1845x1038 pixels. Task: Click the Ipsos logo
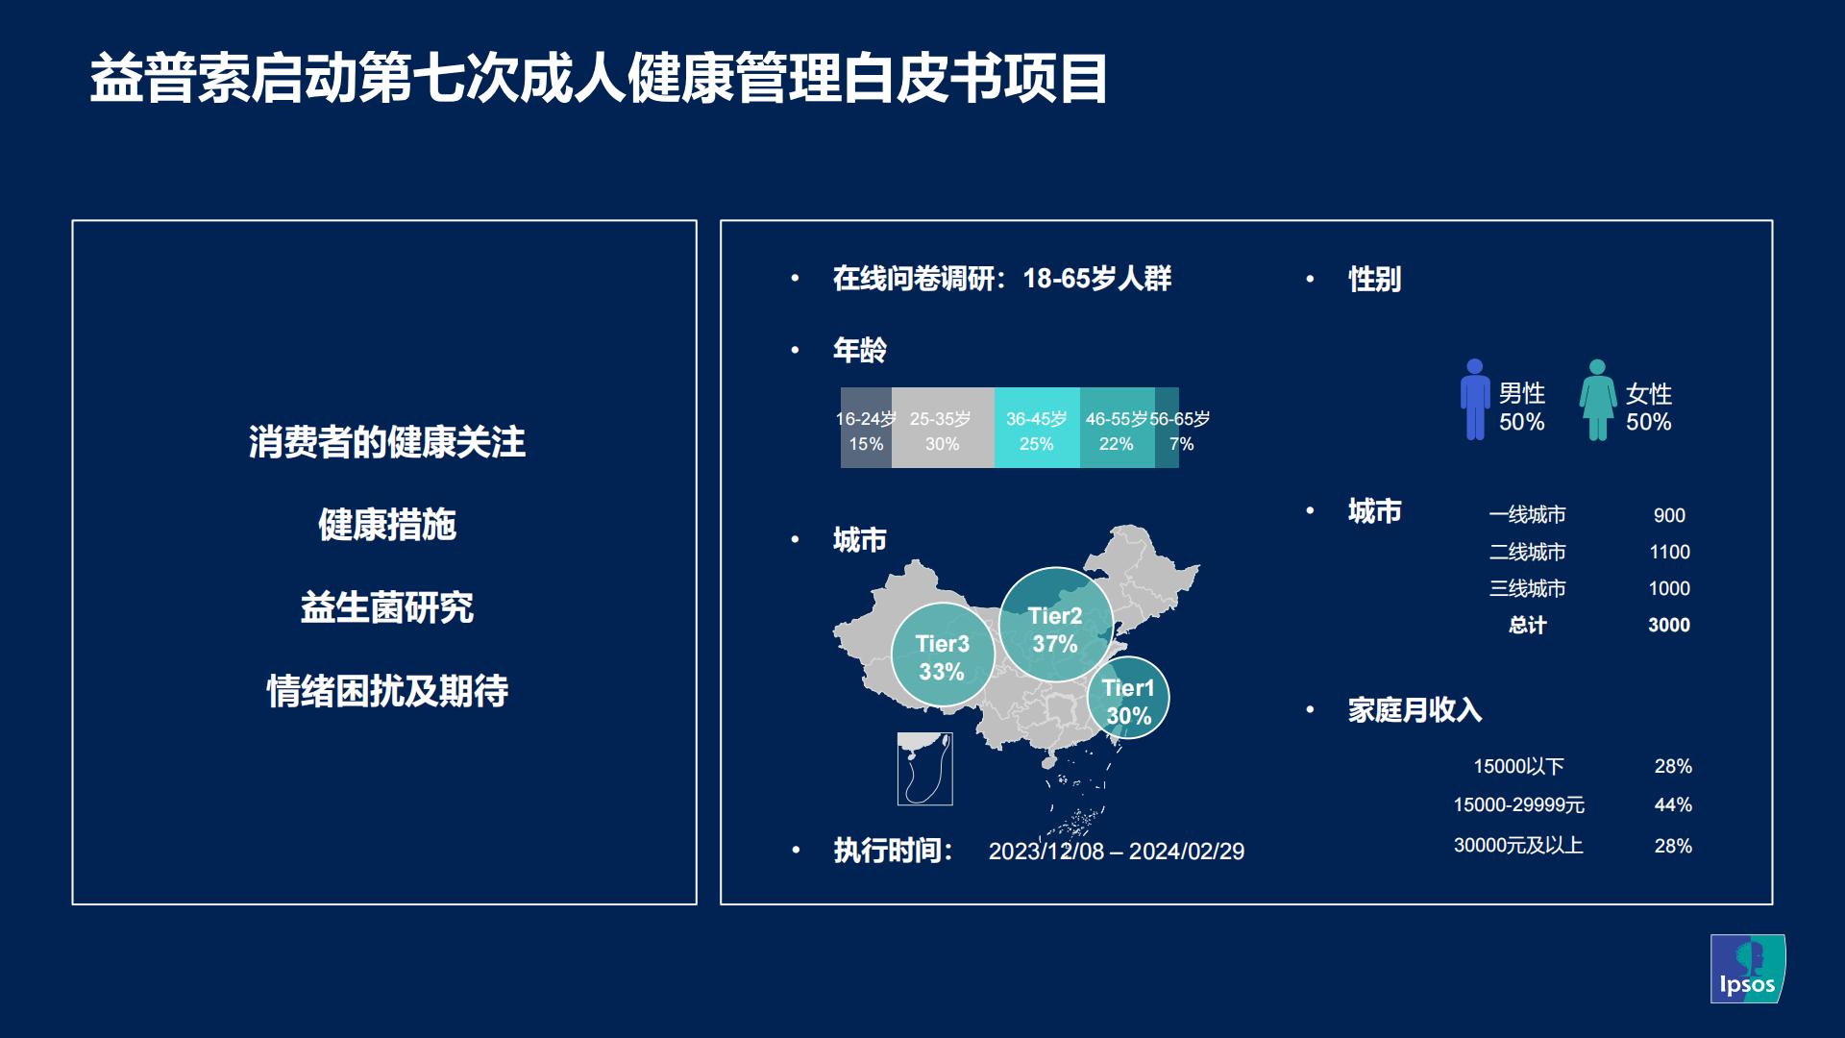(x=1747, y=969)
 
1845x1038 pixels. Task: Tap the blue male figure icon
(x=1475, y=400)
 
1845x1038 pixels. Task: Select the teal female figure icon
(x=1597, y=400)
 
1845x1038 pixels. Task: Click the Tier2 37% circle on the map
(x=1055, y=625)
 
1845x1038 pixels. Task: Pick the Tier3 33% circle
(x=942, y=655)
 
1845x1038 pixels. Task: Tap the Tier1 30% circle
(x=1128, y=699)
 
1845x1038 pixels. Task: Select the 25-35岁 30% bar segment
(x=942, y=429)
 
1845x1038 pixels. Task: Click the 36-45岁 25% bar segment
(x=1036, y=429)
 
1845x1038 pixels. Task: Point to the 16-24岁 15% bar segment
(x=866, y=429)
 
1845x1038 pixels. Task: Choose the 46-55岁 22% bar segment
(x=1116, y=429)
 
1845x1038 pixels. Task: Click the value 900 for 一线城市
(x=1669, y=515)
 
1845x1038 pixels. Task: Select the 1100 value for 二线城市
(x=1669, y=552)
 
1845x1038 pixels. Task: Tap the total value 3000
(x=1669, y=625)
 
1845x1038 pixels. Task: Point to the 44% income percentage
(x=1673, y=804)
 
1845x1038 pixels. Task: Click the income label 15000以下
(x=1518, y=766)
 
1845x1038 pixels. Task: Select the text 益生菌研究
(x=386, y=607)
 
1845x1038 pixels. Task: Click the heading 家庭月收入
(x=1414, y=710)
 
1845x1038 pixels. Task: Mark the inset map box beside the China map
(x=924, y=769)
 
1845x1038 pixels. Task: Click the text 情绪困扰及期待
(x=386, y=691)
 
